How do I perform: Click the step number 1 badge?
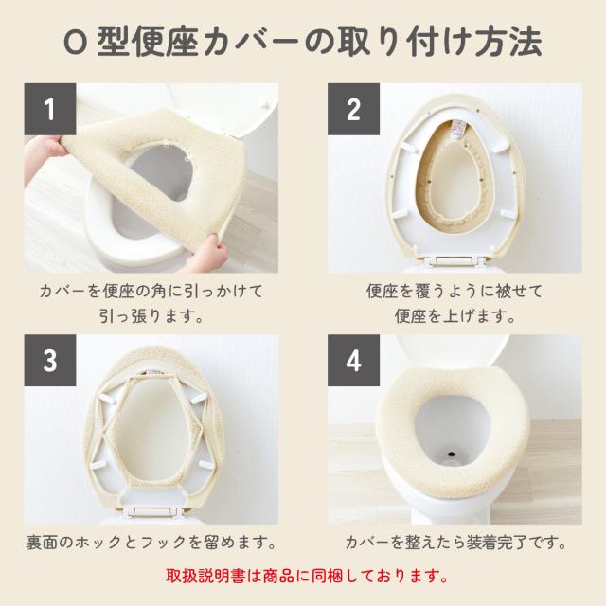[x=50, y=109]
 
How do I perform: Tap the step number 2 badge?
[x=353, y=109]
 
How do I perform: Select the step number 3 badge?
[x=50, y=360]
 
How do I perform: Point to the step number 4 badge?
[x=353, y=360]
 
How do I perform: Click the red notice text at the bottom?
[x=307, y=576]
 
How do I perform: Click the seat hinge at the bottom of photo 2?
[x=454, y=260]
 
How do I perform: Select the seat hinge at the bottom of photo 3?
[x=151, y=511]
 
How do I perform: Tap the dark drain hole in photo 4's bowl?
[x=451, y=453]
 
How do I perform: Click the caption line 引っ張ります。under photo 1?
[x=151, y=316]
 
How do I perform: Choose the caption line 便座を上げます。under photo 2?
[x=454, y=316]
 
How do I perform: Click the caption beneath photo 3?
[x=151, y=543]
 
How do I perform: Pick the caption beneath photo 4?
[x=454, y=543]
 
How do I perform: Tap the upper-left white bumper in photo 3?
[x=109, y=398]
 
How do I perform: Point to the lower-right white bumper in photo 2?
[x=507, y=214]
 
